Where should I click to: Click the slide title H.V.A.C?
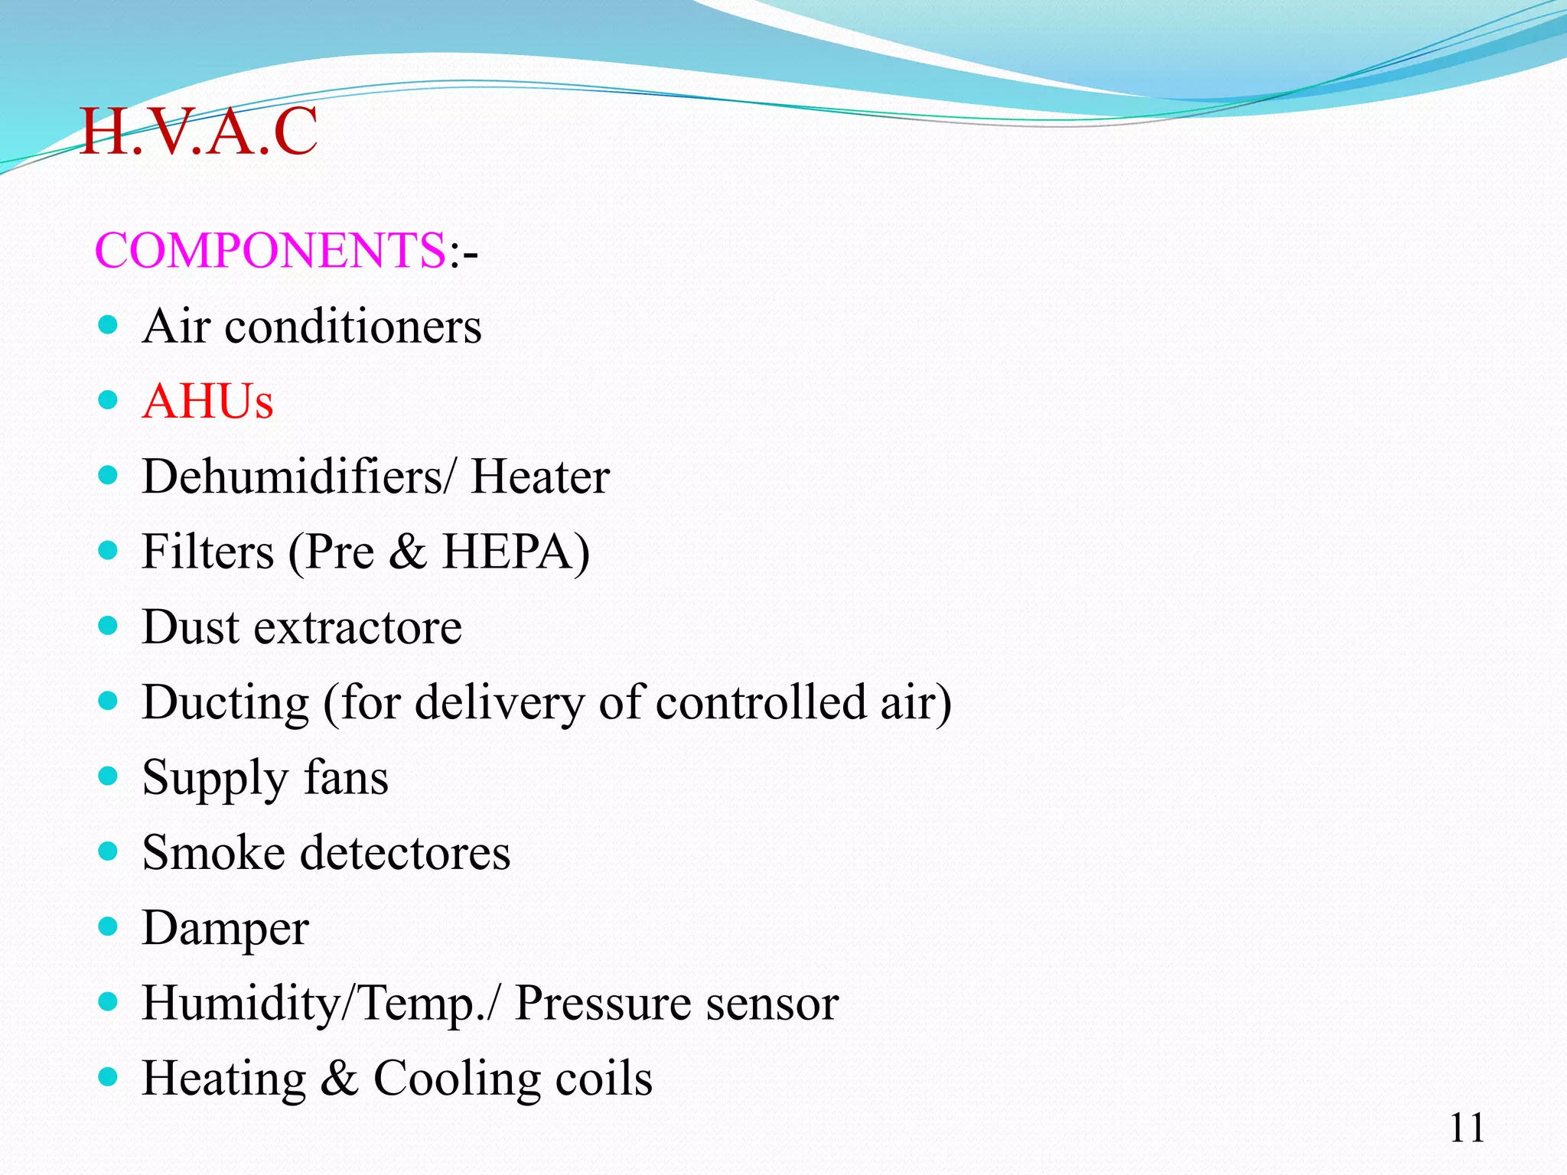198,132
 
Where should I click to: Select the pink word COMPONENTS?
270,250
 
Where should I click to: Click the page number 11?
1467,1128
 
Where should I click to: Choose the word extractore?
357,627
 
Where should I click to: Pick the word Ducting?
226,703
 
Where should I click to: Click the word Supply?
215,779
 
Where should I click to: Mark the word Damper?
226,929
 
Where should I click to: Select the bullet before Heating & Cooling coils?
109,1078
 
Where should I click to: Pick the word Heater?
540,476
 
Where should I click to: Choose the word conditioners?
353,326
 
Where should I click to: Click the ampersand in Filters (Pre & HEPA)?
407,552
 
